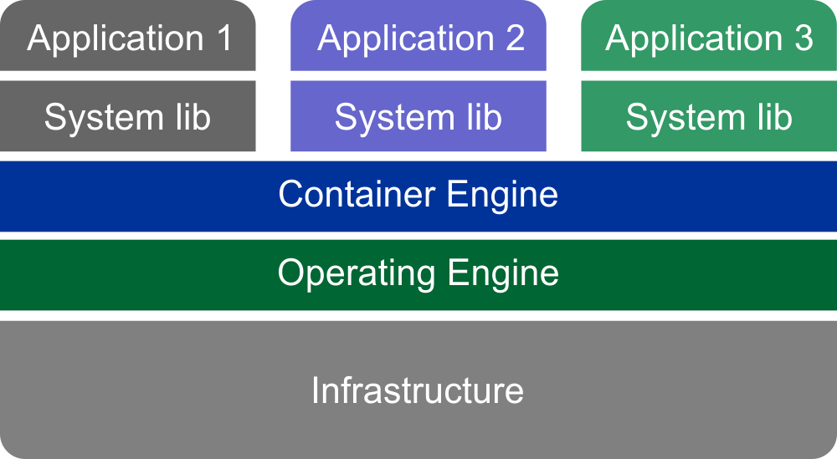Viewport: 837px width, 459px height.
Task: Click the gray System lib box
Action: tap(128, 116)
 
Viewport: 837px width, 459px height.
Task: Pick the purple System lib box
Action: tap(418, 116)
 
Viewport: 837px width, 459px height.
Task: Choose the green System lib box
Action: tap(709, 116)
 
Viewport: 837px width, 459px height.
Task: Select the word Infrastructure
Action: tap(418, 390)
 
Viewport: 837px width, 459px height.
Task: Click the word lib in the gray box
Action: tap(191, 117)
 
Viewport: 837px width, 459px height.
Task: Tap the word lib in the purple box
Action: tap(481, 117)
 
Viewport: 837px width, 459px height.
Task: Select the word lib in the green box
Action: tap(772, 117)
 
